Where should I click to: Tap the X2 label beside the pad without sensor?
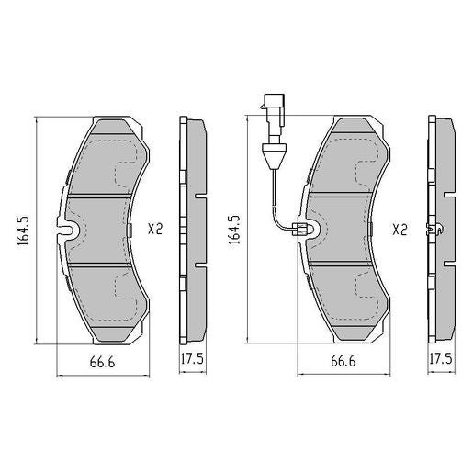click(x=154, y=230)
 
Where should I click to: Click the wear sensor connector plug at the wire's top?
click(x=273, y=102)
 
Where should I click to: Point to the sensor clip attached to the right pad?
click(x=301, y=231)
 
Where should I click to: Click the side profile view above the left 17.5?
click(x=193, y=230)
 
